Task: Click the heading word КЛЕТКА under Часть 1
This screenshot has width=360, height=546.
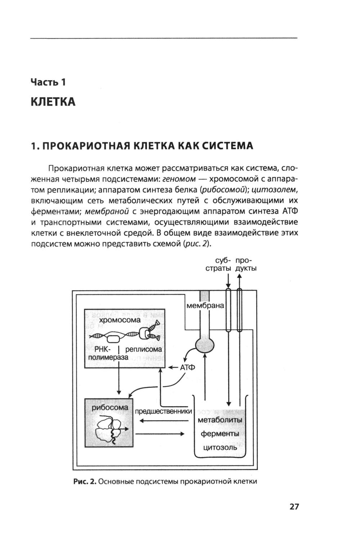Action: coord(53,102)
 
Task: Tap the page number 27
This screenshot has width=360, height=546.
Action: coord(294,506)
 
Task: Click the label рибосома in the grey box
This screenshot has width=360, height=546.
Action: coord(110,407)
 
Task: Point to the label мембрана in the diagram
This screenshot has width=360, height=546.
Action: coord(205,306)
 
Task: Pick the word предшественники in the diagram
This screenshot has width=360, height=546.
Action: coord(163,411)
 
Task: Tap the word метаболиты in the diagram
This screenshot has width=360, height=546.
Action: coord(220,420)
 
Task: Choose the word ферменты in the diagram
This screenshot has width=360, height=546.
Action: coord(220,434)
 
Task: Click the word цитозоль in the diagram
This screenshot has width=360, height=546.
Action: coord(220,447)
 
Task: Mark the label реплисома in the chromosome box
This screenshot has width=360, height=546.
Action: coord(143,349)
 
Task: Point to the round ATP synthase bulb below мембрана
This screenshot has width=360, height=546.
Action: coord(205,346)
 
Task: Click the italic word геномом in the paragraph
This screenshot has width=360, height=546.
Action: coord(179,179)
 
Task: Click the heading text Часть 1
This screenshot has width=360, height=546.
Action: coord(48,82)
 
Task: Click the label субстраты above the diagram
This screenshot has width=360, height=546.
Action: coord(218,265)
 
